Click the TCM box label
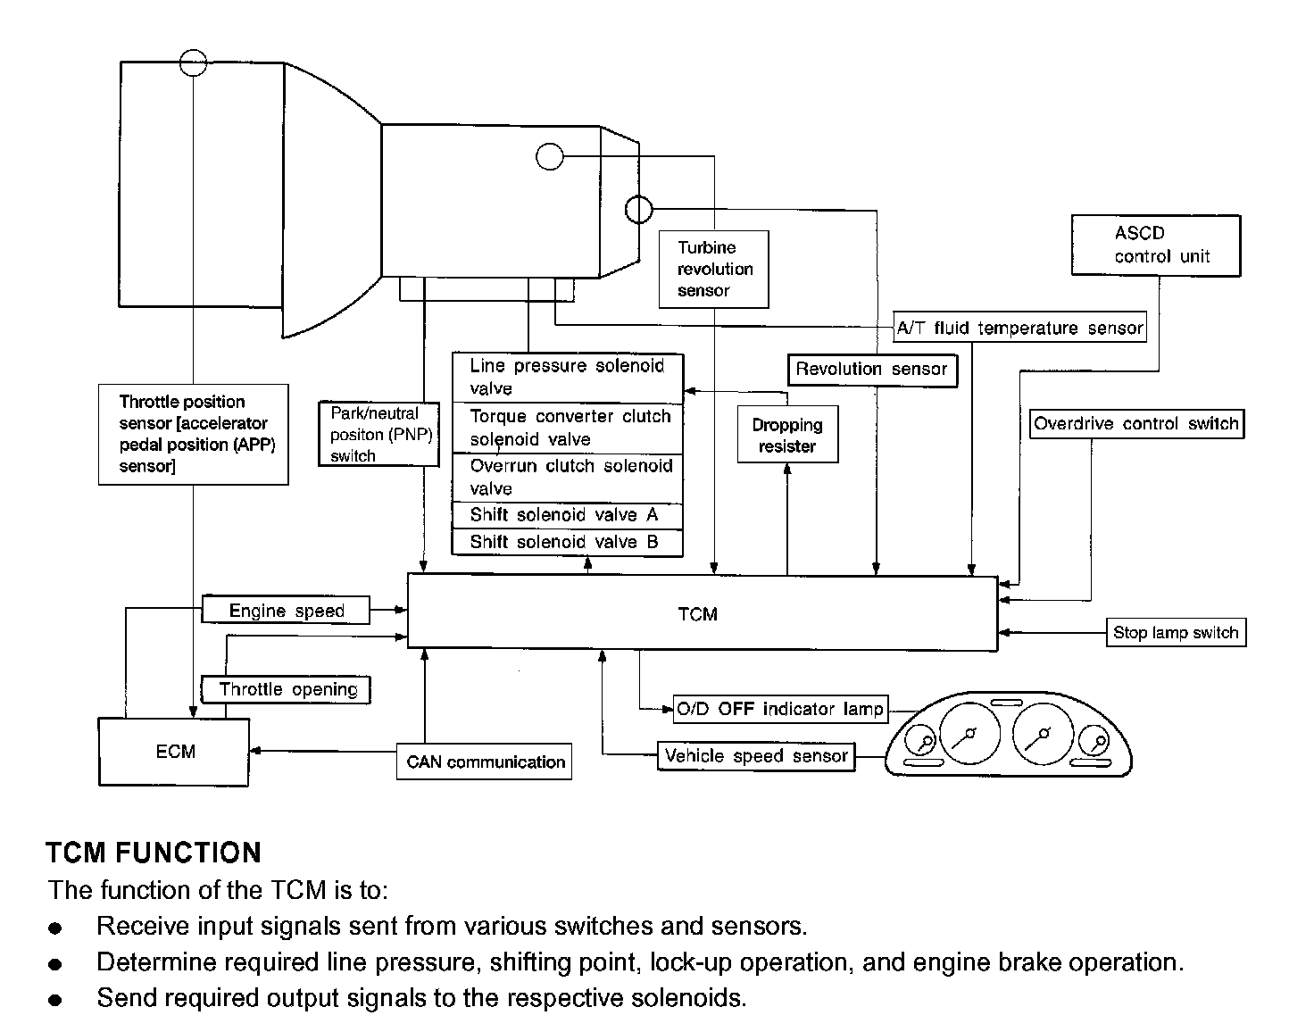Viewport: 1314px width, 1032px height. pos(697,614)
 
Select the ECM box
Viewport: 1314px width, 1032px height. pos(174,752)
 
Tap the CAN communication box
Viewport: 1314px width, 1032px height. pos(485,762)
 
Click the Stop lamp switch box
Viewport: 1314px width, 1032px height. pos(1175,633)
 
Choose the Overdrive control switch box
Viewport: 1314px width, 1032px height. pos(1135,424)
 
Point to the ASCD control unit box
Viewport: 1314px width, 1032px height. pos(1155,246)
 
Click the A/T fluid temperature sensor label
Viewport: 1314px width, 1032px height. pos(1019,329)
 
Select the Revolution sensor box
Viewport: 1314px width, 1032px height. pos(871,370)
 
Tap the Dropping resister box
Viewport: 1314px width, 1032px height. pos(787,435)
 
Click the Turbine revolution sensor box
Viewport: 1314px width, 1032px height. pos(713,269)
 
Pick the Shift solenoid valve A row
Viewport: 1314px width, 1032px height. pos(567,515)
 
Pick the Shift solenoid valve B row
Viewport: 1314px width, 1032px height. pos(567,542)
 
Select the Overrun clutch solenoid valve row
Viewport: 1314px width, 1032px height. pos(567,478)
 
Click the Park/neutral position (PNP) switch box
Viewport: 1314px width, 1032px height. pos(379,435)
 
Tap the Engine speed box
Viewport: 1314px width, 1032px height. pos(286,611)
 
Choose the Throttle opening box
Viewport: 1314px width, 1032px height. pos(287,689)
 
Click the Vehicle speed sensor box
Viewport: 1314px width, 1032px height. pos(755,756)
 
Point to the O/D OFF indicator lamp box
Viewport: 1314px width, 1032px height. pos(780,710)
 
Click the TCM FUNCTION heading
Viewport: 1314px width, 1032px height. pos(154,853)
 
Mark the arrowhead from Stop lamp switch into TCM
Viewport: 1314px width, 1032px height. pos(1004,633)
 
